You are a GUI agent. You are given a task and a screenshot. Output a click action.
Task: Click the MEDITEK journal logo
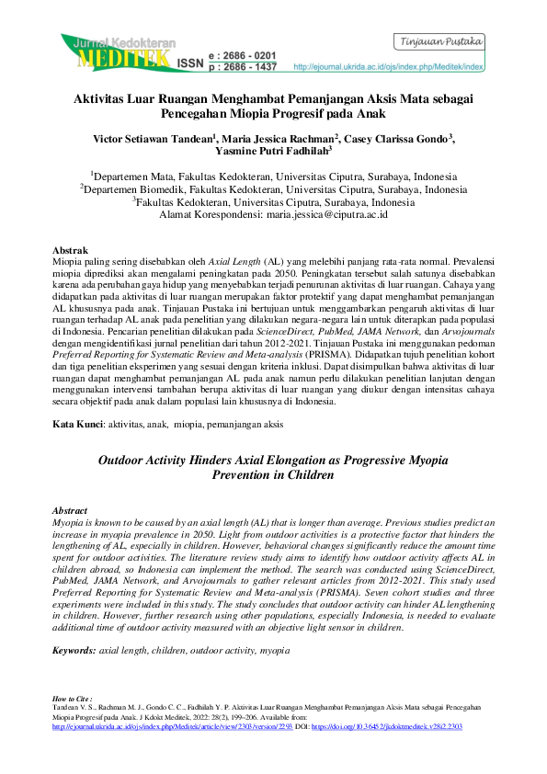tap(115, 53)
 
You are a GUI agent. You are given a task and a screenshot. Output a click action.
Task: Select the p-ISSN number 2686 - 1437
tap(244, 67)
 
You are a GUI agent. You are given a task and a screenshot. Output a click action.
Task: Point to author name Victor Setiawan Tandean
tap(152, 139)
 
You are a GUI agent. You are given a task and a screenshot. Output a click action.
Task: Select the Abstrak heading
tap(71, 250)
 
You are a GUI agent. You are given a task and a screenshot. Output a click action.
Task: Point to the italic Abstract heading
tap(71, 509)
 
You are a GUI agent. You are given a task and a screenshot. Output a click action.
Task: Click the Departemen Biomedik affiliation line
tap(273, 188)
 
